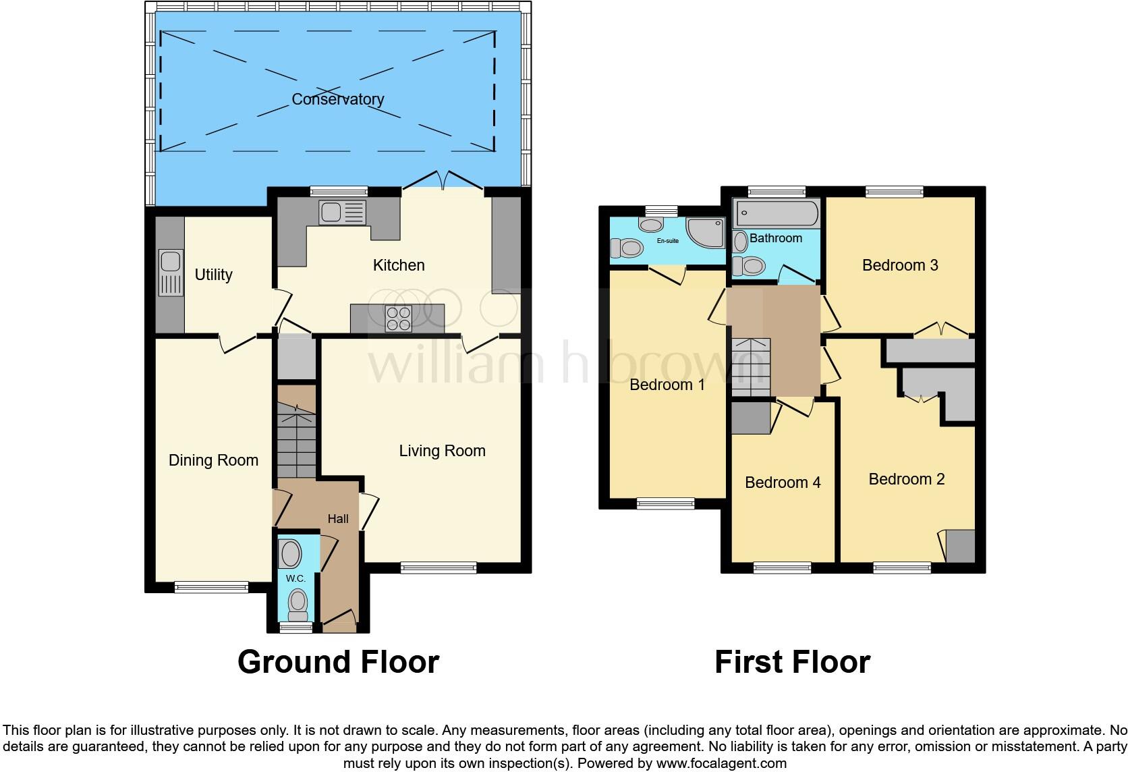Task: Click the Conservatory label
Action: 337,99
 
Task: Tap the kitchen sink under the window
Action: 343,213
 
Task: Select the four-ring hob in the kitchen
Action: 398,319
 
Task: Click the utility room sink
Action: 170,273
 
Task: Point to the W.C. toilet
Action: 296,605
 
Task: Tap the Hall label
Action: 338,518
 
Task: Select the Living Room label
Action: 442,451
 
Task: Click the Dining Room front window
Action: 211,587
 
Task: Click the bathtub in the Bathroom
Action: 776,213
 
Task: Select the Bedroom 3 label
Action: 900,265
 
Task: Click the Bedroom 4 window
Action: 783,568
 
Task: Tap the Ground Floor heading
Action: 338,661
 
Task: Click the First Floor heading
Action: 792,661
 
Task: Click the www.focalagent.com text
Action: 722,764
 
